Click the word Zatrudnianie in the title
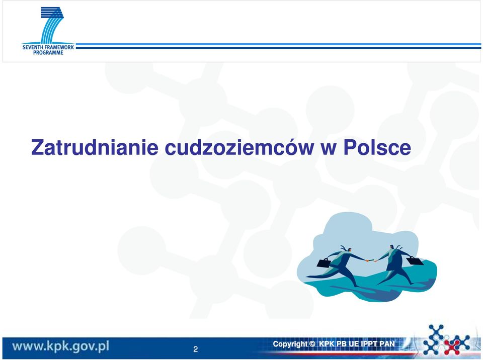pos(95,147)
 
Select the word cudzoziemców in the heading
pos(239,147)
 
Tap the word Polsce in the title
pos(377,147)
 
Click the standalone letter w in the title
pos(329,149)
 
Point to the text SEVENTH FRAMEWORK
pos(48,47)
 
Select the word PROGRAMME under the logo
pos(48,53)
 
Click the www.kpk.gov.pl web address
pos(61,346)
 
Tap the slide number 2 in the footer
pos(195,349)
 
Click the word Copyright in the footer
pos(290,344)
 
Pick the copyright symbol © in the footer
pos(312,344)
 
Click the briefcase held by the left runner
pos(324,263)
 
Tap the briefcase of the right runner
pos(415,260)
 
